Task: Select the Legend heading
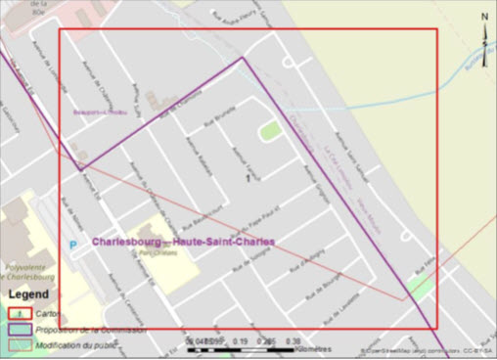(x=29, y=292)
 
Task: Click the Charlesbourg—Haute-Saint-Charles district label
(x=183, y=242)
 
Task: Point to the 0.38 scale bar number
(x=291, y=341)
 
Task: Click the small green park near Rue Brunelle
(x=267, y=130)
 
